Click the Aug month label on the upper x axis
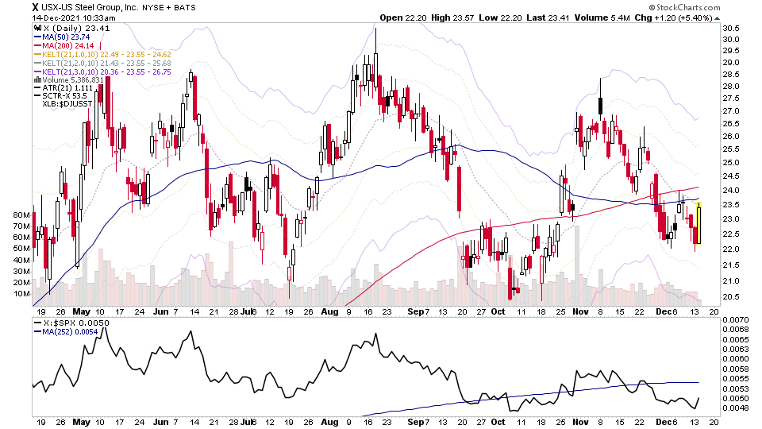pyautogui.click(x=330, y=312)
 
